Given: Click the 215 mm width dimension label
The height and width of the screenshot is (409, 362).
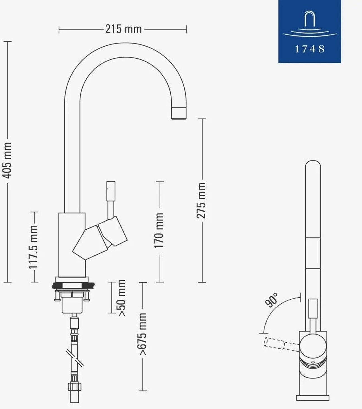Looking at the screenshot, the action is coord(124,29).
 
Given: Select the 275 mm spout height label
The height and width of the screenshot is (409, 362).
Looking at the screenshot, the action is coord(201,201).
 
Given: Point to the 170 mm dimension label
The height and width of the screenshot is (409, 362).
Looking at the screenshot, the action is coord(159,230).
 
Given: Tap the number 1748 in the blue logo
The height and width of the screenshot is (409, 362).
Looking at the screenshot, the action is coord(310,49).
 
